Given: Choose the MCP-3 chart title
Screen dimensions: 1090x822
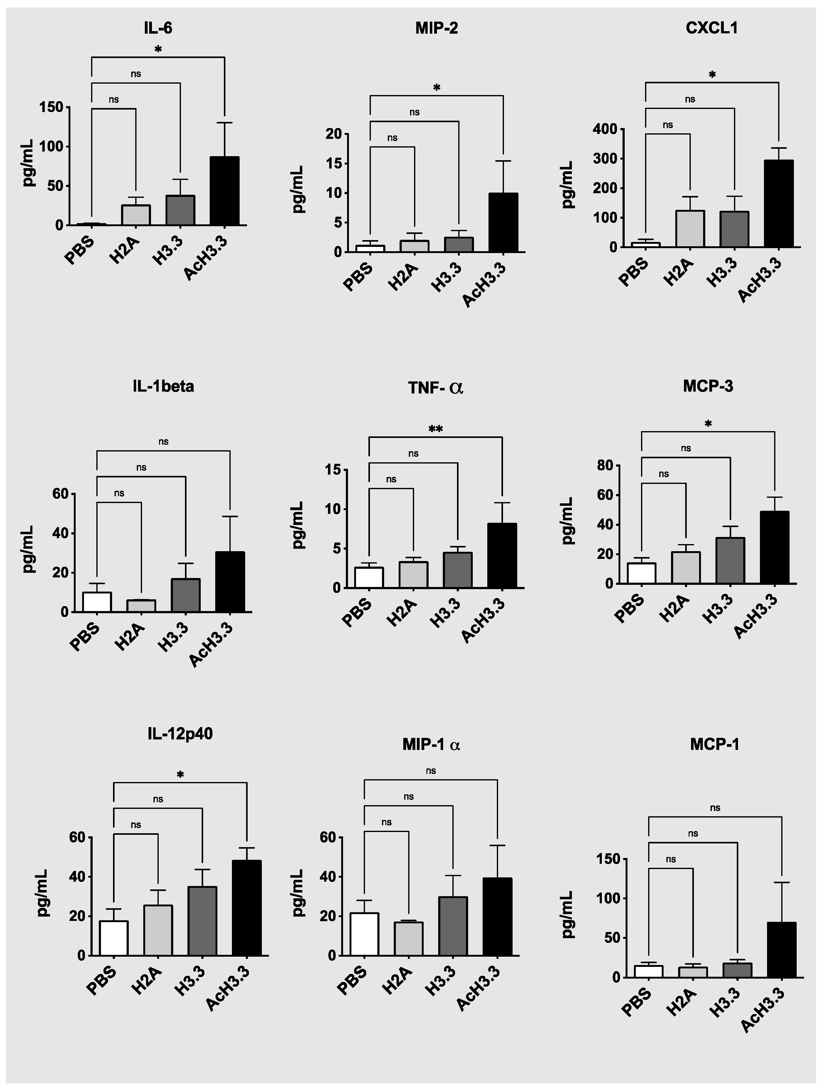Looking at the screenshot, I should click(x=708, y=386).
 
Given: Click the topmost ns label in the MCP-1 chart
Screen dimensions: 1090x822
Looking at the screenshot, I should click(x=715, y=808).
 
